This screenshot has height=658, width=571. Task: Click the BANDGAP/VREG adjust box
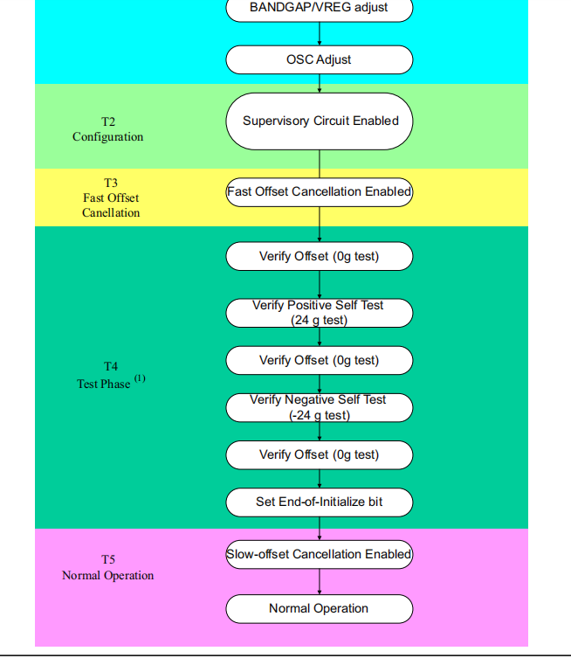click(x=319, y=9)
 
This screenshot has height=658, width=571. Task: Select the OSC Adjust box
click(x=319, y=59)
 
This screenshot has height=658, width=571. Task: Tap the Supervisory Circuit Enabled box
click(x=319, y=121)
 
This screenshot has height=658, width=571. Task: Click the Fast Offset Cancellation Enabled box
click(x=319, y=191)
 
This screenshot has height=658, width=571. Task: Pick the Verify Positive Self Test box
click(x=319, y=312)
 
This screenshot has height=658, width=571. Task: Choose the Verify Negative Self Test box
click(x=319, y=407)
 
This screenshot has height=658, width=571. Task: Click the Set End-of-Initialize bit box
click(x=319, y=502)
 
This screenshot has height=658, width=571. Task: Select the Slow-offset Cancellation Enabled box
click(x=319, y=554)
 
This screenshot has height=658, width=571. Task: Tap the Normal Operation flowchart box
click(x=319, y=608)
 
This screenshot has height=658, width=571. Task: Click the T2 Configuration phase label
click(x=108, y=129)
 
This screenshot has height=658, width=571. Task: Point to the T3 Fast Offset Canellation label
click(x=111, y=197)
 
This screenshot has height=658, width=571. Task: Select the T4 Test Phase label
click(x=106, y=376)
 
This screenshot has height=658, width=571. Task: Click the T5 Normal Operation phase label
click(x=108, y=567)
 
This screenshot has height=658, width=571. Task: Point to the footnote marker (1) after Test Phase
click(x=140, y=378)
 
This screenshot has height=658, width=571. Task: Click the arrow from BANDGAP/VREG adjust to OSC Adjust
click(x=320, y=33)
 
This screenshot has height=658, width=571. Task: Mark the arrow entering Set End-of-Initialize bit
click(x=320, y=478)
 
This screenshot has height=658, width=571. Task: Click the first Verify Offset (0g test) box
click(x=319, y=256)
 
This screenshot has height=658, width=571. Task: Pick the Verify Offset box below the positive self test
click(x=319, y=360)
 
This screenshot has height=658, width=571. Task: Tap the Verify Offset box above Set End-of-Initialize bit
click(x=319, y=454)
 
